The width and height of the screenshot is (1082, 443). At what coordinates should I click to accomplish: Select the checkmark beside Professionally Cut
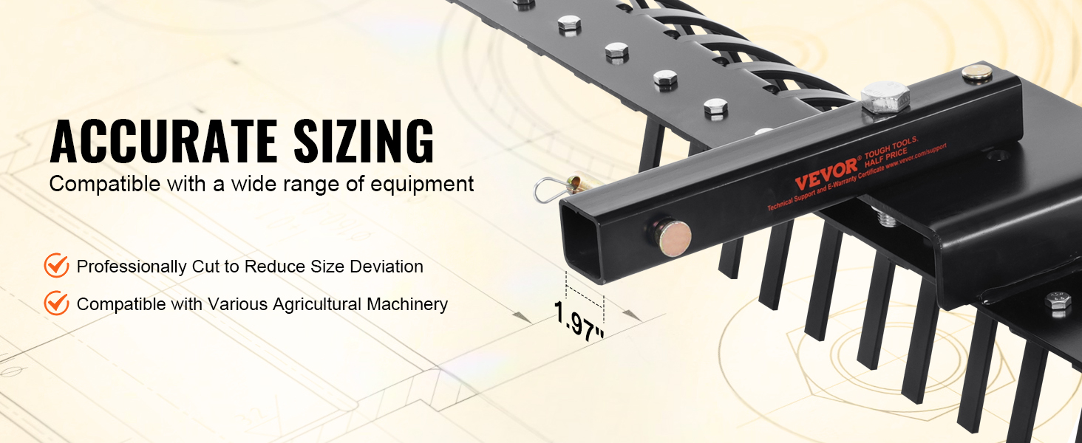[x=56, y=265]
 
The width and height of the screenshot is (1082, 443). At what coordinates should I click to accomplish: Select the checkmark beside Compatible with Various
[x=56, y=303]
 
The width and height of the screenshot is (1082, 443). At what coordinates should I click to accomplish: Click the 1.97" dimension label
[x=579, y=320]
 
